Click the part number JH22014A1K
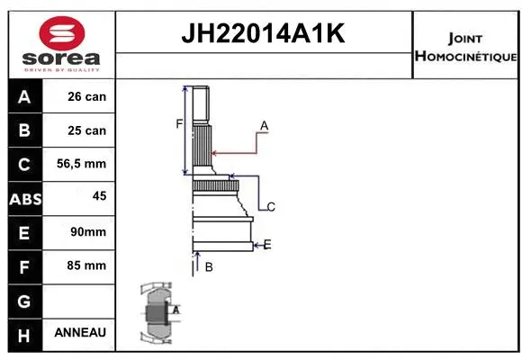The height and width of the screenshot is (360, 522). pos(265,35)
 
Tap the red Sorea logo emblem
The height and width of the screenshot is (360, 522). pos(59,37)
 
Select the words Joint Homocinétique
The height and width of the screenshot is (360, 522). pos(465,48)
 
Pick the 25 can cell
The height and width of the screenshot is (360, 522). pos(86,130)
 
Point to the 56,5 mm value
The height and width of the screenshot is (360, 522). pos(86,164)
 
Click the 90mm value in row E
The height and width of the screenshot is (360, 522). pos(87,231)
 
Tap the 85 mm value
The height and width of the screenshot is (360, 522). pos(87,265)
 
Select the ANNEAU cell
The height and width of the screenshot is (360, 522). pos(80,332)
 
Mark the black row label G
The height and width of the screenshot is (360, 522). pos(24,301)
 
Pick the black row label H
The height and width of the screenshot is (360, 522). pos(24,334)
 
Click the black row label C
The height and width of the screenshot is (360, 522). pos(24,164)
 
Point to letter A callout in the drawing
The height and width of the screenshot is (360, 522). pos(264,124)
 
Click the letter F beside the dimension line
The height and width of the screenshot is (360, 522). pos(179,123)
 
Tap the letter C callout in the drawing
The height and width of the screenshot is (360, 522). pos(270,207)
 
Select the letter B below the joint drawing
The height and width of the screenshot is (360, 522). pos(208,266)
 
